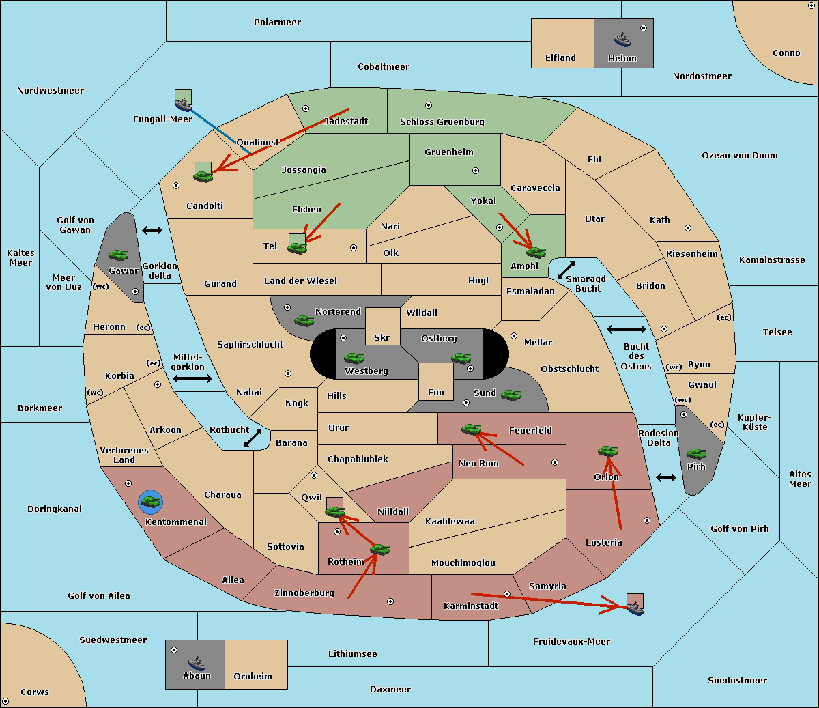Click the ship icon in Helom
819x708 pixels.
[622, 40]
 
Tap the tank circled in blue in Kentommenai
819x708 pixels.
[151, 502]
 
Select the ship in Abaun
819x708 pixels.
[197, 663]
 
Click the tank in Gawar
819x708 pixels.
[119, 255]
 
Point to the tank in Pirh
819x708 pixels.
[696, 453]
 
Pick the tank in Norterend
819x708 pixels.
[304, 320]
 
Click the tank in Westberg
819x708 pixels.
[354, 358]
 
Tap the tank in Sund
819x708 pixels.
[511, 395]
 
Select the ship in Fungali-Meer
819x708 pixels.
[183, 104]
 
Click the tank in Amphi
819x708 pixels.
[536, 252]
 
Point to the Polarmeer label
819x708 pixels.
[277, 23]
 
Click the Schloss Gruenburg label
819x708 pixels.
[442, 122]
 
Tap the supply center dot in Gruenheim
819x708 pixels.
[476, 171]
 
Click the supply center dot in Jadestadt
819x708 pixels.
[306, 109]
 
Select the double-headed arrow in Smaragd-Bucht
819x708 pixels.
[566, 270]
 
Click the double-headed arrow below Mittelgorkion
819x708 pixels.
[192, 378]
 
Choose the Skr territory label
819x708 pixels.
[382, 337]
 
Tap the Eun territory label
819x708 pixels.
[436, 392]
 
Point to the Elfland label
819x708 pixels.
[560, 57]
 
